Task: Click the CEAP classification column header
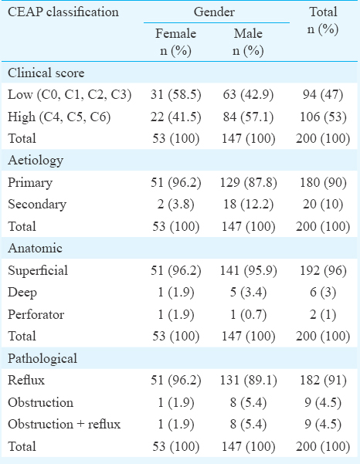coord(63,12)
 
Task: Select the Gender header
coord(214,12)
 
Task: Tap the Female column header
coord(176,42)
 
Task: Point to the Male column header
coord(248,42)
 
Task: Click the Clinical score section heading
coord(46,73)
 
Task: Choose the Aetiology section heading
coord(36,161)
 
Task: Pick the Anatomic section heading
coord(35,248)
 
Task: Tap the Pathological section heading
coord(42,358)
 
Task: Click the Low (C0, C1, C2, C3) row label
coord(70,95)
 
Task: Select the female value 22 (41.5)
coord(176,117)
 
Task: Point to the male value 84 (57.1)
coord(248,117)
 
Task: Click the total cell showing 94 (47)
coord(323,95)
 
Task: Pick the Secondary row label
coord(37,205)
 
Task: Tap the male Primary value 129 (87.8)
coord(248,182)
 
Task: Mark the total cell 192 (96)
coord(323,270)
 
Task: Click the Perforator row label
coord(36,314)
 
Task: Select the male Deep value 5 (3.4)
coord(248,293)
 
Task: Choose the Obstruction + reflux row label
coord(64,425)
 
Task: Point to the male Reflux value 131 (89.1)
coord(248,381)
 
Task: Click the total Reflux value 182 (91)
coord(323,381)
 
